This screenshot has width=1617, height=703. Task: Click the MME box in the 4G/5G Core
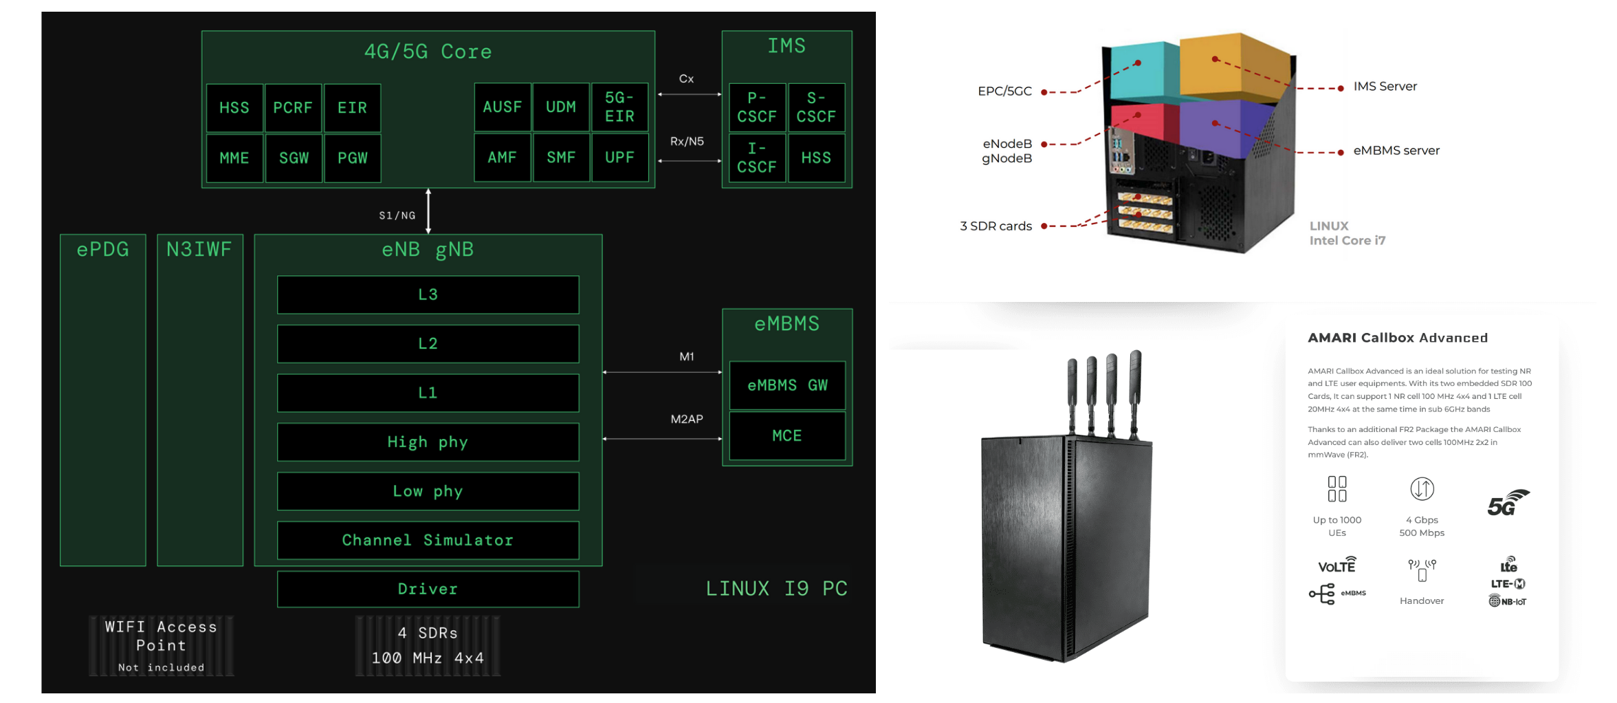[x=234, y=158]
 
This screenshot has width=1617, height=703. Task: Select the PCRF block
[x=293, y=108]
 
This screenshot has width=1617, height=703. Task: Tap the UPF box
[x=619, y=158]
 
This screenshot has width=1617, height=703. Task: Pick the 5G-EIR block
[x=619, y=107]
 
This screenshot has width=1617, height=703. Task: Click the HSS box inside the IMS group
[x=816, y=158]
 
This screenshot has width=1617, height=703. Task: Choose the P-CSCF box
[x=756, y=107]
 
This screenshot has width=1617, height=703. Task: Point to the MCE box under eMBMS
[x=787, y=435]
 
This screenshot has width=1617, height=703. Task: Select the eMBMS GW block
[x=787, y=385]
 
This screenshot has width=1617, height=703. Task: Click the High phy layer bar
[x=428, y=442]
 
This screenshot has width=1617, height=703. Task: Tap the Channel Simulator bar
[x=428, y=540]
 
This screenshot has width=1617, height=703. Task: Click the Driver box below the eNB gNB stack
[x=428, y=589]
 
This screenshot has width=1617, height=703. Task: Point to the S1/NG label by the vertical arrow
[x=397, y=215]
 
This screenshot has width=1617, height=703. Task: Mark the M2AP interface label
[x=687, y=419]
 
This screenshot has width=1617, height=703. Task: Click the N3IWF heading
[x=199, y=249]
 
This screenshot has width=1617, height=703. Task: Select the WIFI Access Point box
[x=161, y=645]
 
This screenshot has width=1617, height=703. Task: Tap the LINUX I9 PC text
[x=776, y=589]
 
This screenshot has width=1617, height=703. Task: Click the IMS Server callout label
[x=1385, y=87]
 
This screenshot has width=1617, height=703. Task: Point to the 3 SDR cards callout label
[x=995, y=226]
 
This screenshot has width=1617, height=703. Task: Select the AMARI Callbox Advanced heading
[x=1397, y=338]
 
